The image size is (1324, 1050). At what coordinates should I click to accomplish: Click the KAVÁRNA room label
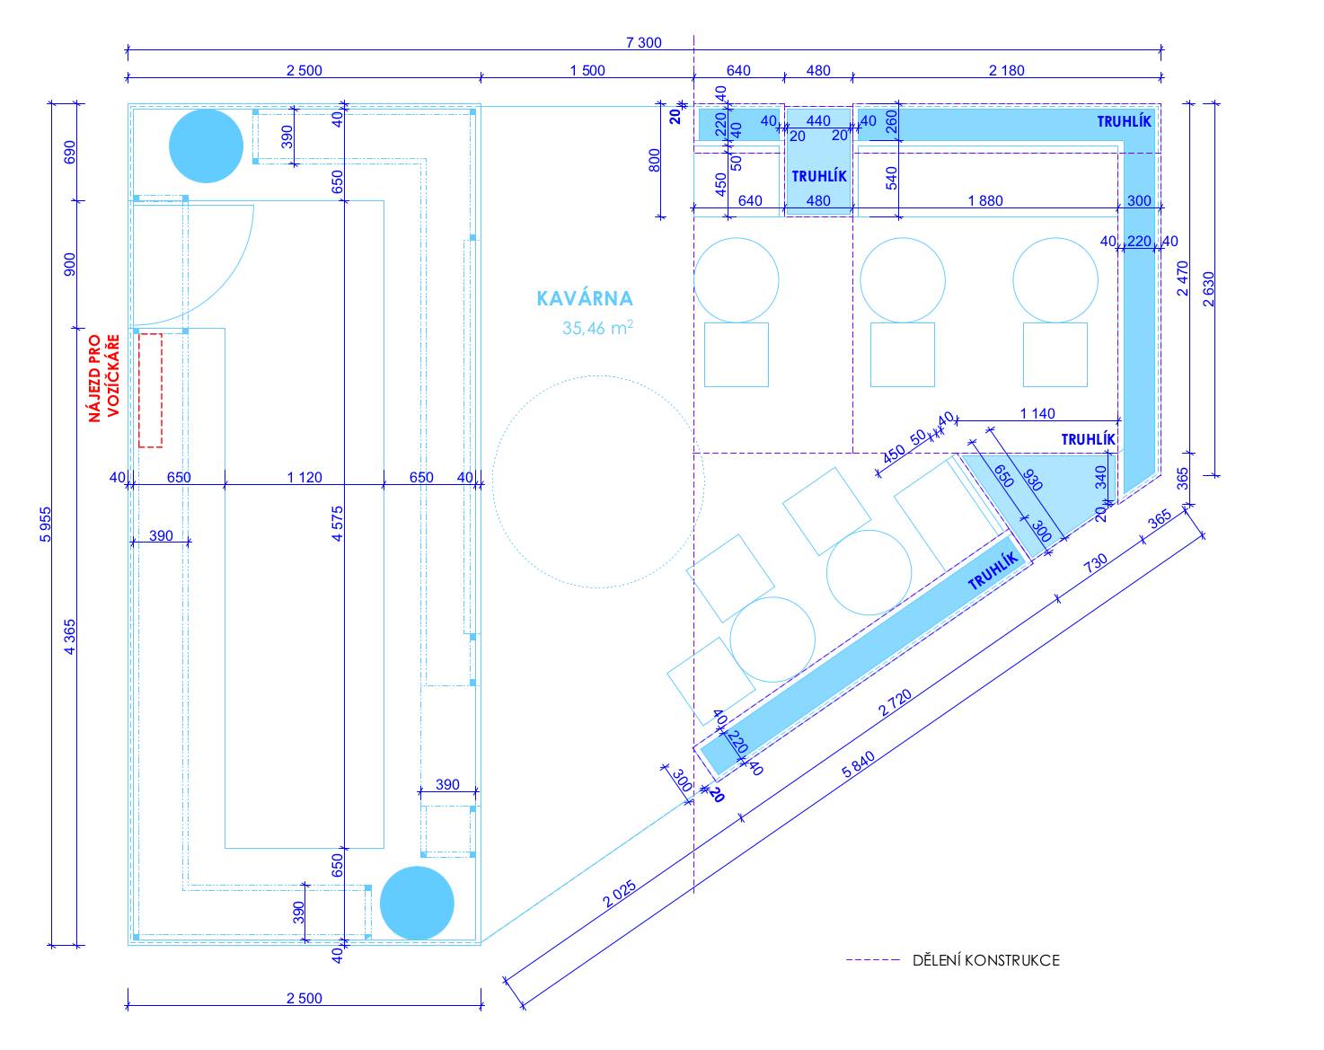(x=585, y=298)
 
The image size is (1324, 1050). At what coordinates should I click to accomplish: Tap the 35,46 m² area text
(x=597, y=328)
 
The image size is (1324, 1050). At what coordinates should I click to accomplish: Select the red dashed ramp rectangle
(x=150, y=390)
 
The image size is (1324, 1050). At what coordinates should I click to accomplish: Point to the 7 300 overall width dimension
(x=643, y=42)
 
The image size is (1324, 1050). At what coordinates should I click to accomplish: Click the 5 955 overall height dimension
(x=45, y=525)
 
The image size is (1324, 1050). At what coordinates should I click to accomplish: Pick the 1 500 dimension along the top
(x=587, y=70)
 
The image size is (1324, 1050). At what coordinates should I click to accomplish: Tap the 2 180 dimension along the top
(x=1007, y=70)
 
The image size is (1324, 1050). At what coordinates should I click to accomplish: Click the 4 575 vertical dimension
(x=337, y=524)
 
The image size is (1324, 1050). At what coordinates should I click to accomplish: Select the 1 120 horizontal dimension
(x=305, y=477)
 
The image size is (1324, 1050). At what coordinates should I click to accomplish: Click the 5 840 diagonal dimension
(x=858, y=765)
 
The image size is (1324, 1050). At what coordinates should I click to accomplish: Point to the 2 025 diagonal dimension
(x=619, y=895)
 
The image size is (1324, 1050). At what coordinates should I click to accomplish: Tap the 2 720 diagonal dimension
(x=895, y=703)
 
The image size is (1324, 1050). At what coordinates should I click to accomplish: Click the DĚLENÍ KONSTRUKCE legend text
(x=985, y=960)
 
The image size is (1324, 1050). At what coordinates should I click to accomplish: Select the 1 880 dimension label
(x=985, y=200)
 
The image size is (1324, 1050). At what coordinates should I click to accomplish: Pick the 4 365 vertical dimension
(x=69, y=637)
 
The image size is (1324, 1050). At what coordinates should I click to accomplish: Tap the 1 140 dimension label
(x=1037, y=413)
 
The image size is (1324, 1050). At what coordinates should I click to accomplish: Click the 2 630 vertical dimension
(x=1208, y=288)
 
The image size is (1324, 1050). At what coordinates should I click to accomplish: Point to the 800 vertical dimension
(x=654, y=161)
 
